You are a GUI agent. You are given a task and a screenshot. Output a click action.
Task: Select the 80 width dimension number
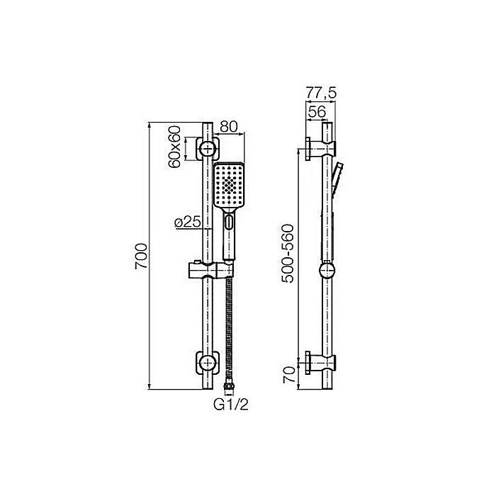coord(228,127)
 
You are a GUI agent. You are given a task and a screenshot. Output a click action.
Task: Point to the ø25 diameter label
coord(186,222)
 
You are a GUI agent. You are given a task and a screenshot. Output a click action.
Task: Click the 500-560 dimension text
coord(287,254)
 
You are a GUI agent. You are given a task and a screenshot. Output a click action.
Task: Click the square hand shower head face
coord(229,185)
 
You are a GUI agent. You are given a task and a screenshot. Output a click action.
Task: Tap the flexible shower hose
coord(229,326)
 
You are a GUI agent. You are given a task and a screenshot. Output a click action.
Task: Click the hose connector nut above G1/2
coord(229,387)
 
